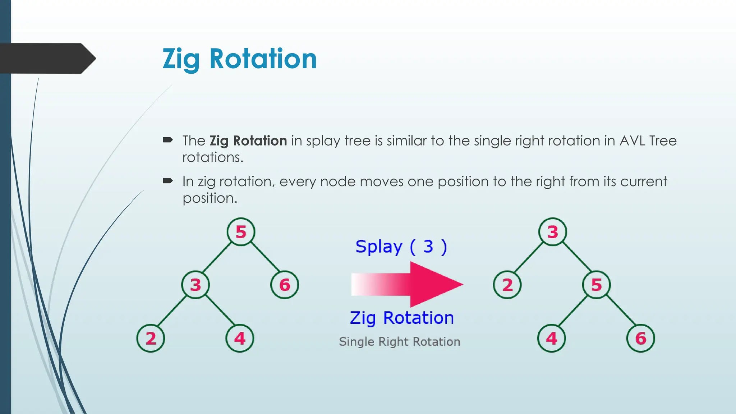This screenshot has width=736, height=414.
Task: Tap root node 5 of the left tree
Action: tap(241, 232)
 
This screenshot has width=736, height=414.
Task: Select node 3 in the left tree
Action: tap(195, 285)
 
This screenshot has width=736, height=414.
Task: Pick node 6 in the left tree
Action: tap(285, 285)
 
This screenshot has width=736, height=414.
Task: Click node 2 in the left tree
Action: tap(151, 338)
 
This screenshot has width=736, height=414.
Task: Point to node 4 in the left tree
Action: tap(240, 338)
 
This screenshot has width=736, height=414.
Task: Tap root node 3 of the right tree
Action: tap(553, 232)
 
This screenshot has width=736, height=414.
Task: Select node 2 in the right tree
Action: tap(507, 285)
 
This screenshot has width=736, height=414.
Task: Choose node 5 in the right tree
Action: tap(597, 285)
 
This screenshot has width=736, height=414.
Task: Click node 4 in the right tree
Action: tap(552, 338)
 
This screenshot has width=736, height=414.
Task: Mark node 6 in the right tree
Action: tap(641, 338)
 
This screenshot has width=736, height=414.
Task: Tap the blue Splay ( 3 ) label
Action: tap(401, 247)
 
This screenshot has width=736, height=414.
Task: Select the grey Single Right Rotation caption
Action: tap(399, 341)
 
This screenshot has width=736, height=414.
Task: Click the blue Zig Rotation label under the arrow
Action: tap(402, 318)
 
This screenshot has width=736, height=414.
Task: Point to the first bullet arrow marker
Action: tap(168, 140)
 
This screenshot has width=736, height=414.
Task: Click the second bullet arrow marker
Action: tap(168, 181)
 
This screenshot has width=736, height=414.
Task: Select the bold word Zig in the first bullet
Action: tap(219, 141)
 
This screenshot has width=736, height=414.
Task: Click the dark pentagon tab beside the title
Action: tap(47, 58)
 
